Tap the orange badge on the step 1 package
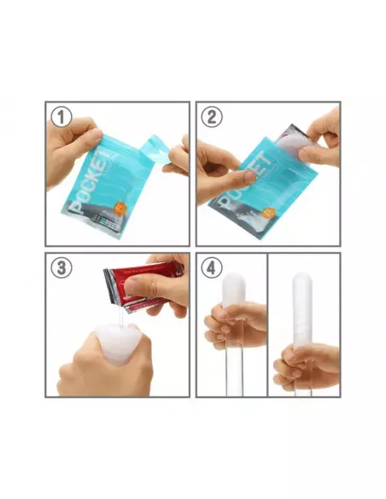122,208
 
